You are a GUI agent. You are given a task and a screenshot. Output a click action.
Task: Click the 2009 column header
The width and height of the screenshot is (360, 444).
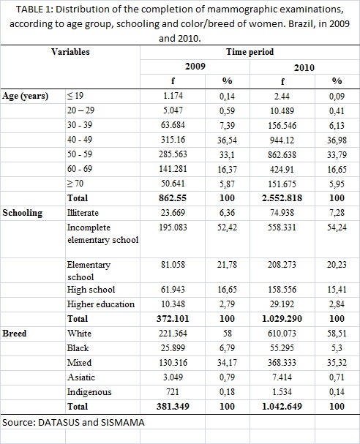(x=195, y=67)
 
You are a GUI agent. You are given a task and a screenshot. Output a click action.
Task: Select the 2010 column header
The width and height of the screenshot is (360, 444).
(x=304, y=68)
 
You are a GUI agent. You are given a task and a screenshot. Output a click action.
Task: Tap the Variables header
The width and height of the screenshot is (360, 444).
(x=70, y=52)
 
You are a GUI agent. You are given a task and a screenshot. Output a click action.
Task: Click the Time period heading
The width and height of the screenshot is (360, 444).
(x=250, y=52)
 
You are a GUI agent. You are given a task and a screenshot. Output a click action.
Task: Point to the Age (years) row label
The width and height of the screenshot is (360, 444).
(x=25, y=97)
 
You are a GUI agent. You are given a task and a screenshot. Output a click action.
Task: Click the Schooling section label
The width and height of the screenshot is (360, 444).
(x=23, y=213)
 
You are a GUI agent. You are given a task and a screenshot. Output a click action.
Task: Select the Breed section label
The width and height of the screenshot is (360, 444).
(x=15, y=334)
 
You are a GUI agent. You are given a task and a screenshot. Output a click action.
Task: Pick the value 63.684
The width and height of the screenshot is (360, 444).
(x=173, y=125)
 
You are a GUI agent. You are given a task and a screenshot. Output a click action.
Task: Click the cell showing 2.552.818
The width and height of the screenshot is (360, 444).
(x=282, y=198)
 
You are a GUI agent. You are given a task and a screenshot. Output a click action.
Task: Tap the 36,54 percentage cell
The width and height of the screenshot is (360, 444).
(x=227, y=140)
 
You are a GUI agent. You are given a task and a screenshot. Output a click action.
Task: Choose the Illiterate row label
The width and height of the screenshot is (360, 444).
(x=83, y=213)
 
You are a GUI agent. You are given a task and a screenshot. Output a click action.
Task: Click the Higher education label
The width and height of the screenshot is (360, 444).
(x=101, y=304)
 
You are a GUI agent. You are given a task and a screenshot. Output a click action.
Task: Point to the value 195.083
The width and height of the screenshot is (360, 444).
(x=173, y=227)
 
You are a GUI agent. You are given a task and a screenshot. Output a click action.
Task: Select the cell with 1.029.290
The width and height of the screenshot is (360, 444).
(x=282, y=319)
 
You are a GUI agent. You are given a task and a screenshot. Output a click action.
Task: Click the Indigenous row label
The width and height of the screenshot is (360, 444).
(x=89, y=392)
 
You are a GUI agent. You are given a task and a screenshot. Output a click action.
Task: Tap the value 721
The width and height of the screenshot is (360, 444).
(x=173, y=391)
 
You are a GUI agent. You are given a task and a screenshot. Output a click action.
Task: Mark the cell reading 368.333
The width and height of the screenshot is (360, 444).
(x=282, y=363)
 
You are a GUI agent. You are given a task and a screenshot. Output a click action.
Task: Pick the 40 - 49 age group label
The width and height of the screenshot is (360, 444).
(x=80, y=140)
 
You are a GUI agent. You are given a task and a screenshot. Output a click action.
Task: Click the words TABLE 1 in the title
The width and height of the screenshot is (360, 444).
(x=33, y=10)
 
